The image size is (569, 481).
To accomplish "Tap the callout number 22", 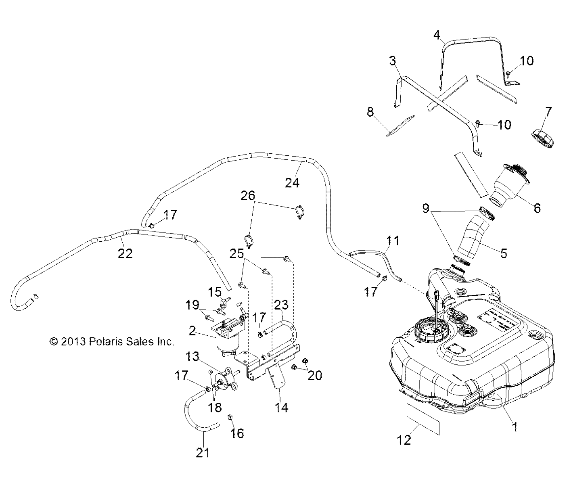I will coord(125,253).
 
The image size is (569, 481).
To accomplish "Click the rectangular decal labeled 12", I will coord(422,419).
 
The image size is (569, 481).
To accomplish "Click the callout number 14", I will coord(282,408).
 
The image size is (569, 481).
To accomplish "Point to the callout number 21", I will coord(203,453).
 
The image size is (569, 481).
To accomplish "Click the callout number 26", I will coord(248,196).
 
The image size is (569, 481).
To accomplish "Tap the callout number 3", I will coord(393,61).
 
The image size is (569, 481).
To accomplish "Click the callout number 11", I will coord(392,241).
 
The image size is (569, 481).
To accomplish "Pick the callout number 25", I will coord(237,254).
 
